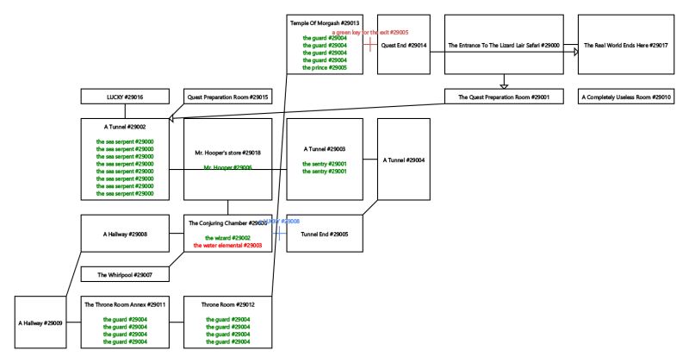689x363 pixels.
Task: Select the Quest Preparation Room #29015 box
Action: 228,97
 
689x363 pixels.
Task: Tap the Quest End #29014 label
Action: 404,45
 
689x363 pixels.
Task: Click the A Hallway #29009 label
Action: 40,322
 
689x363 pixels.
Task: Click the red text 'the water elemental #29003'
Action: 227,245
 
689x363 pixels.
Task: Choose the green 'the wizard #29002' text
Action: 227,237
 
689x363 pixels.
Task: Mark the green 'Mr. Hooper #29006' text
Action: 227,167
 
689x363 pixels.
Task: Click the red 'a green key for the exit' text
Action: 369,32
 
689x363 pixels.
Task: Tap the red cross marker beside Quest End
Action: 369,44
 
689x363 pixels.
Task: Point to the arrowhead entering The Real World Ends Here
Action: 574,52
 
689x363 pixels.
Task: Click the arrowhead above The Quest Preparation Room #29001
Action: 505,85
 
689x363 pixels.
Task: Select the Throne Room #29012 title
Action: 227,304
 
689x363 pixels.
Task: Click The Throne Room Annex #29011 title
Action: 125,304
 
